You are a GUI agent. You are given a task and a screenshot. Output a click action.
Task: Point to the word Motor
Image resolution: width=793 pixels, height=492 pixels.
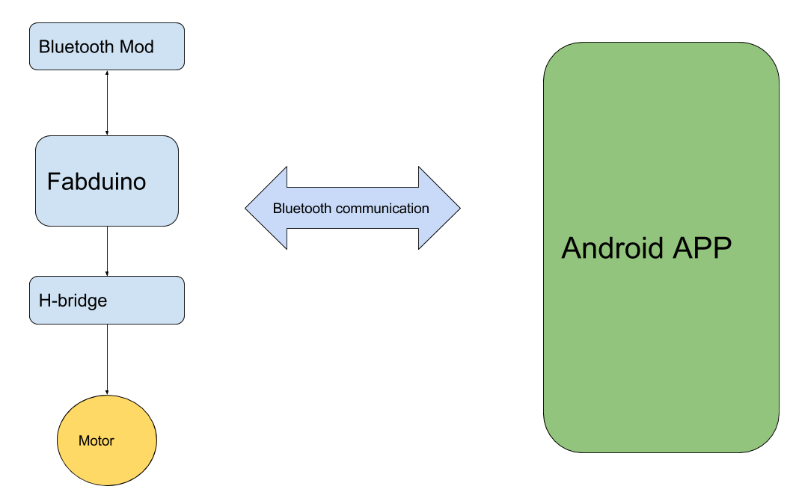97,441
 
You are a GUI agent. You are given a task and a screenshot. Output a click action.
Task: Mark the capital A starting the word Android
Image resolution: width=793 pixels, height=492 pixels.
572,247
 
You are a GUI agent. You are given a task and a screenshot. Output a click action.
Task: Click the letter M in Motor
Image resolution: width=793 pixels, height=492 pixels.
83,441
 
